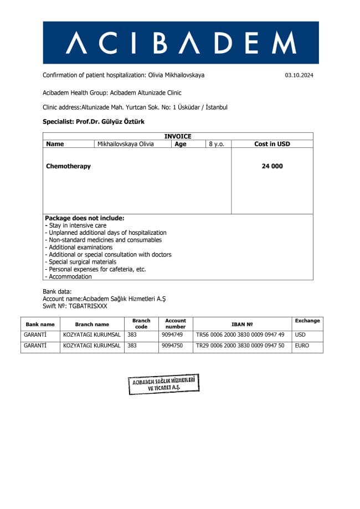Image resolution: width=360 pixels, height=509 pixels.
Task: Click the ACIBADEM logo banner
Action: click(181, 43)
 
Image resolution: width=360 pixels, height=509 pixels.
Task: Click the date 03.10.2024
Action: click(299, 75)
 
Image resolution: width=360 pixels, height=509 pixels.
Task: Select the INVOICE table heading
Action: click(178, 136)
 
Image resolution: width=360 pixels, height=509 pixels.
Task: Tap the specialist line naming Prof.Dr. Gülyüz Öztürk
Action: click(94, 121)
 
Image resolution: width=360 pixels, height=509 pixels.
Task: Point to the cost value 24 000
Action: click(272, 166)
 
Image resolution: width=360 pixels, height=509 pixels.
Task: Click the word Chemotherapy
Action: click(68, 166)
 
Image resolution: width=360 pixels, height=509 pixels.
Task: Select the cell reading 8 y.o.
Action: click(216, 144)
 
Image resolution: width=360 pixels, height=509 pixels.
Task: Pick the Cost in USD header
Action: click(272, 144)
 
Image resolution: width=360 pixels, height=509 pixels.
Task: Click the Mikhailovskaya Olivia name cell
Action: click(125, 144)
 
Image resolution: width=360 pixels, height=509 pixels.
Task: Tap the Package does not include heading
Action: click(85, 218)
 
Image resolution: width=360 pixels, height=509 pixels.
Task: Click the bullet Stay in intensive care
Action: click(77, 225)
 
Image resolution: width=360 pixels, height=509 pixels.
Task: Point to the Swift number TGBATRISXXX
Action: click(88, 306)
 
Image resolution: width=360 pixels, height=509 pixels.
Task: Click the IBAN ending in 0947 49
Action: click(240, 335)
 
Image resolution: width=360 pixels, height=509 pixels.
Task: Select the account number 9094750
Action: click(172, 346)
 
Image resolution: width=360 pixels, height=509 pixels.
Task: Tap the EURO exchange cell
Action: click(302, 346)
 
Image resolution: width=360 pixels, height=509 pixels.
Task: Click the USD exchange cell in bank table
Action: click(300, 335)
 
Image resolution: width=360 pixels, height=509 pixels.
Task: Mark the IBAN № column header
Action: click(242, 324)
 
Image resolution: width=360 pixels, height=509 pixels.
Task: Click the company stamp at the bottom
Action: click(163, 384)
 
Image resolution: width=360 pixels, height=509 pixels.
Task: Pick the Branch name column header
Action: click(92, 324)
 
